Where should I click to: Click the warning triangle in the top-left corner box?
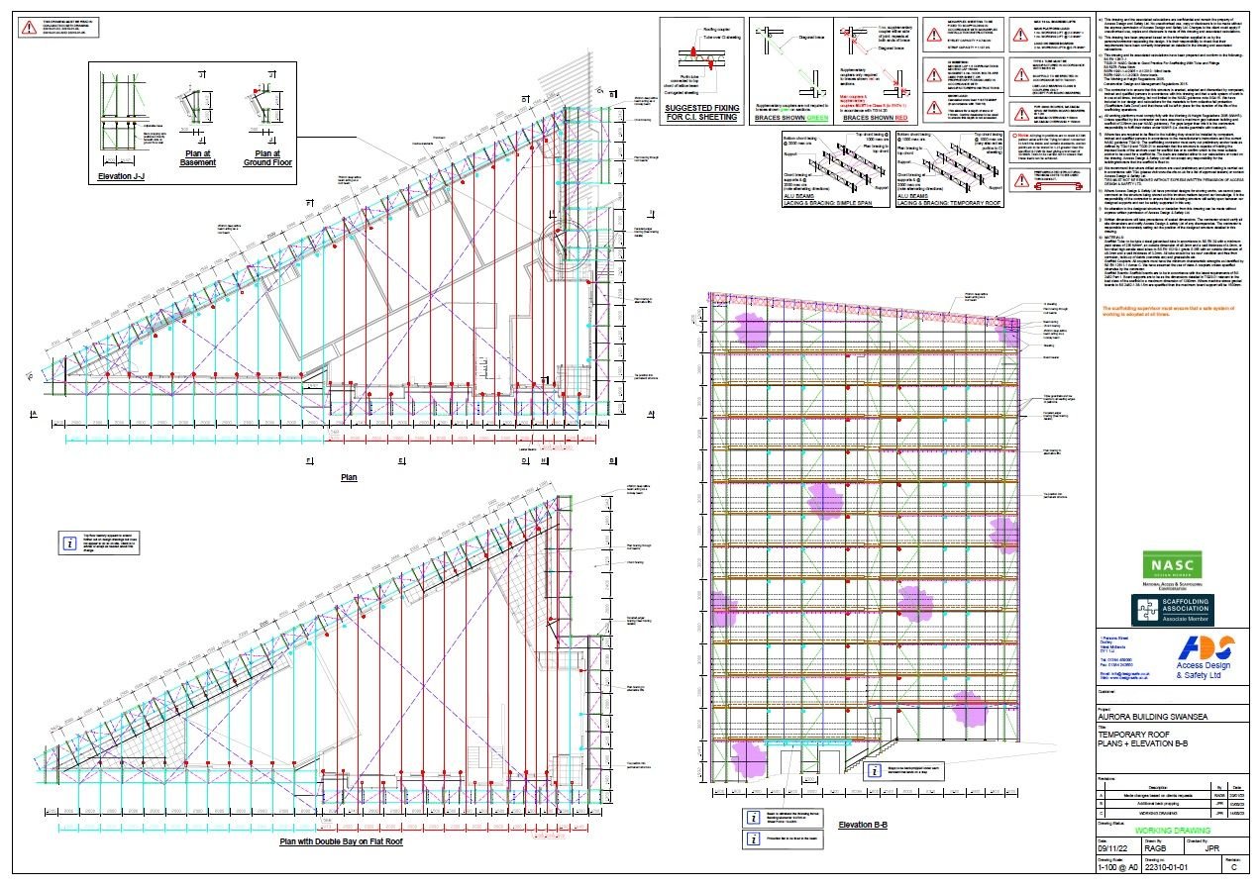[x=21, y=27]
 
